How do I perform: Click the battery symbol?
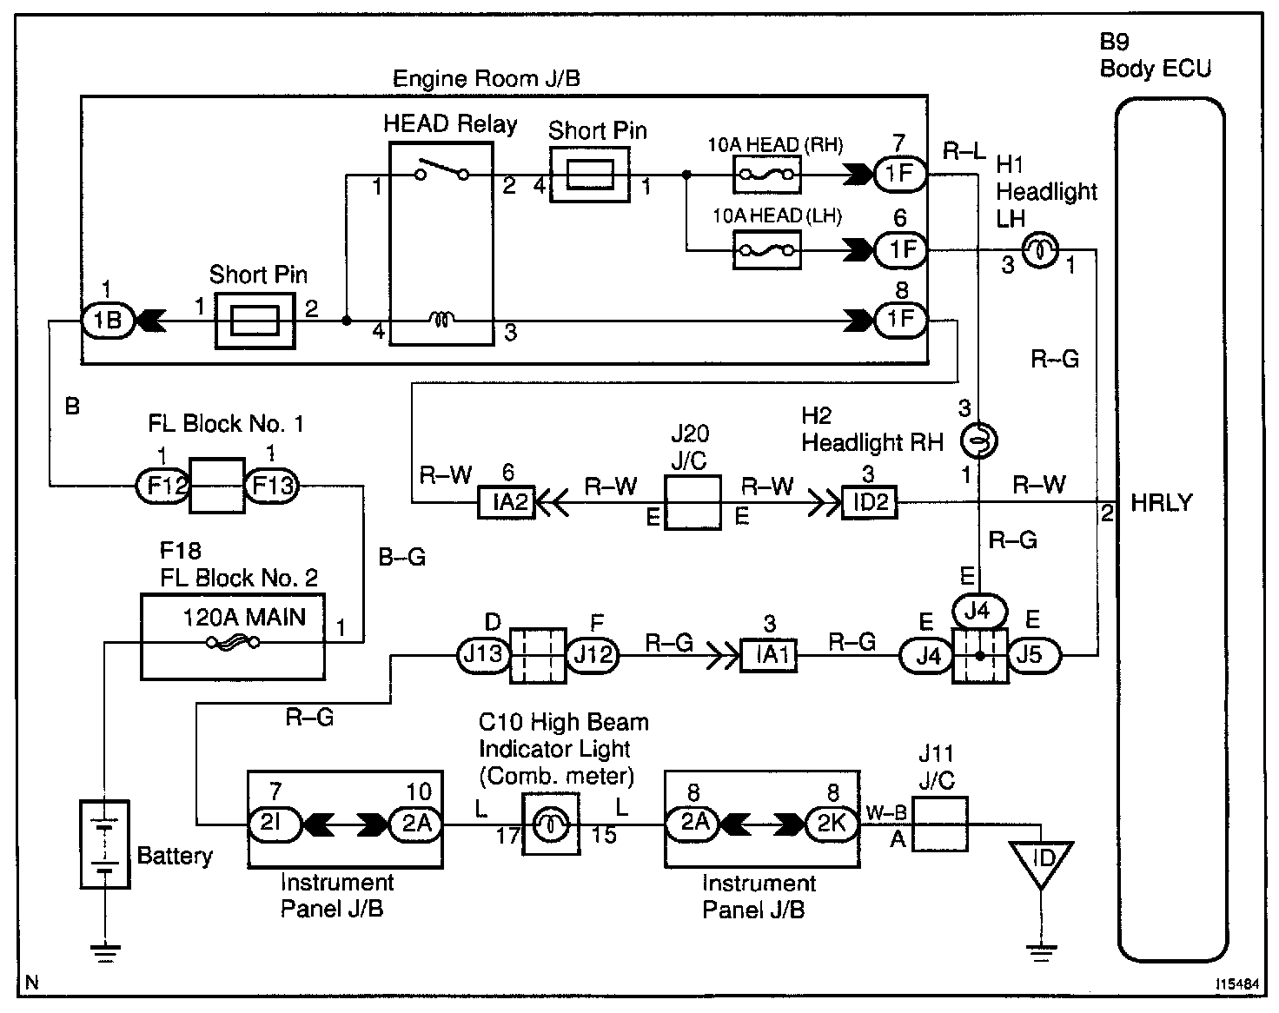[x=104, y=844]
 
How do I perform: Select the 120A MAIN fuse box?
[x=232, y=636]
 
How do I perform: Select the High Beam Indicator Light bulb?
[x=549, y=823]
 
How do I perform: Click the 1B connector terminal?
[x=106, y=321]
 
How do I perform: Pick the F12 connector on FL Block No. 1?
[x=162, y=486]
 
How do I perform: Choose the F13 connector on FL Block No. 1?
[x=271, y=486]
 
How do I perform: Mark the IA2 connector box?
[x=507, y=502]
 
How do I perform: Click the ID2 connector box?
[x=869, y=502]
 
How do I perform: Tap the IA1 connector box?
[x=768, y=654]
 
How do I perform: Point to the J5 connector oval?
[x=1032, y=654]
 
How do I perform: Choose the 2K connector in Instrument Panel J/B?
[x=832, y=823]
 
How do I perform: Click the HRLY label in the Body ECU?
[x=1161, y=503]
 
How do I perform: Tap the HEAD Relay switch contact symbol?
[x=441, y=170]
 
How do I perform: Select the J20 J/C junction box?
[x=693, y=502]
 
